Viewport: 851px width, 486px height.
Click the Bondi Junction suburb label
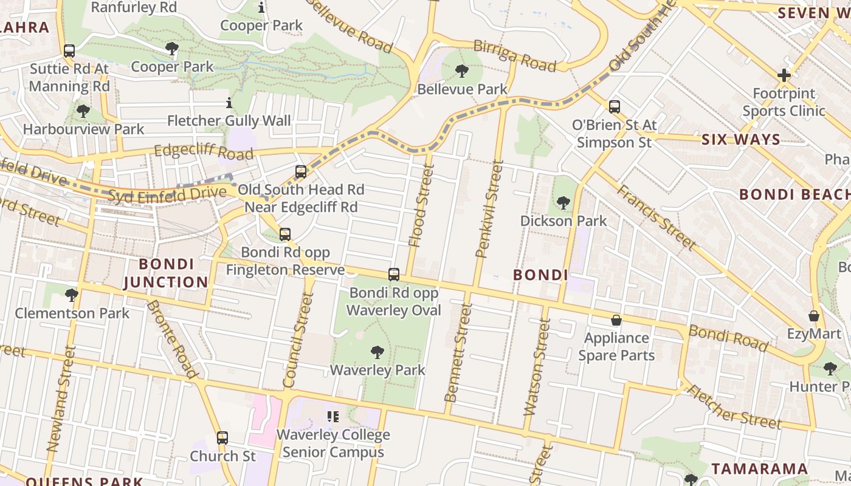click(165, 273)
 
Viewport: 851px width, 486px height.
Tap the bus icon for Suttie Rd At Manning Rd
click(69, 51)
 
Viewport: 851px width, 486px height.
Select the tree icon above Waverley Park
click(377, 352)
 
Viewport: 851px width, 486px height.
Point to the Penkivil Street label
click(490, 208)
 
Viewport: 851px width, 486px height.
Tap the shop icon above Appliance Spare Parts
click(616, 320)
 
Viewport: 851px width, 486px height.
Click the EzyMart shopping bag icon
click(814, 316)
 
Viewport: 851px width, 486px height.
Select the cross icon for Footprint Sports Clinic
click(784, 76)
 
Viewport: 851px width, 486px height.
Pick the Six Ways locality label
click(740, 140)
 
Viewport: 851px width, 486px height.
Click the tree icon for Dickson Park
click(563, 203)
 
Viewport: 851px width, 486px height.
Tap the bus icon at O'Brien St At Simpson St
click(615, 107)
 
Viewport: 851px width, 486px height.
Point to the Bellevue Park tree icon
click(462, 72)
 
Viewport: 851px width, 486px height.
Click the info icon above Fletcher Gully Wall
click(229, 103)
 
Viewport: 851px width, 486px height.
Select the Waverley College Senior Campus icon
click(333, 417)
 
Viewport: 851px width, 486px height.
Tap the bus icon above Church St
click(222, 437)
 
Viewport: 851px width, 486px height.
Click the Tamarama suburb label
click(759, 468)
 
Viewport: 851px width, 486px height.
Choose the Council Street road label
click(298, 340)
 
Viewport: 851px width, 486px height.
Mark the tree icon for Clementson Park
click(72, 295)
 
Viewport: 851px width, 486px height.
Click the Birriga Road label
click(514, 56)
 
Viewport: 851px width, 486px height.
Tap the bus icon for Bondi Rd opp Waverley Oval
click(394, 275)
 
